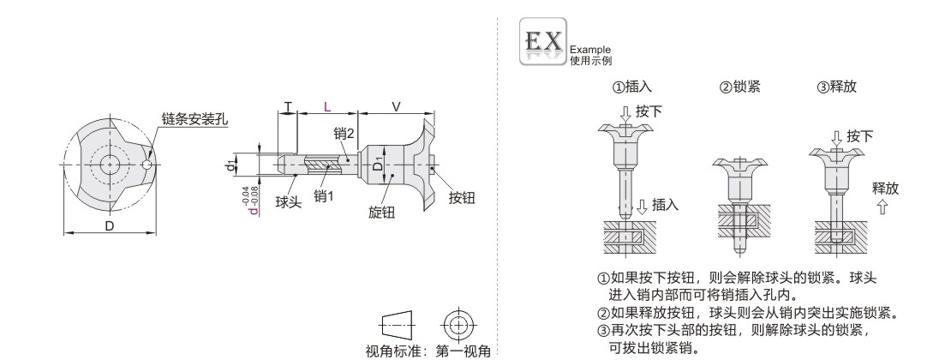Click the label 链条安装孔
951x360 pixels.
(195, 118)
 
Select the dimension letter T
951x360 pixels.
(288, 107)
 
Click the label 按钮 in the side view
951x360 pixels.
(462, 197)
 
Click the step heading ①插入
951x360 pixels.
(631, 87)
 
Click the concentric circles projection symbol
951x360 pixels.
(458, 324)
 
